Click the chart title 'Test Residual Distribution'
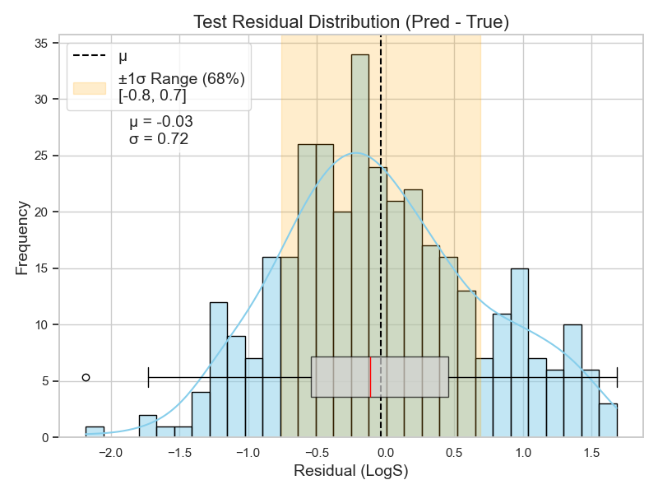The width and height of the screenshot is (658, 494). (x=350, y=22)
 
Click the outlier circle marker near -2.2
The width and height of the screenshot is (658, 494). (x=86, y=377)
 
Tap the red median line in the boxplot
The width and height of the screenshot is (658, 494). (x=370, y=377)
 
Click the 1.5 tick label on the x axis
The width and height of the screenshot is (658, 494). (x=591, y=452)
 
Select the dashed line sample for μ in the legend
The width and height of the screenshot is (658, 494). (x=90, y=57)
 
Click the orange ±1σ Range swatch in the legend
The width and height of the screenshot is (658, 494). (x=90, y=87)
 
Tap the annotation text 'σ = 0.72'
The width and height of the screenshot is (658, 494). (x=159, y=139)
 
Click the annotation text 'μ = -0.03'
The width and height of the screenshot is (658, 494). (x=161, y=122)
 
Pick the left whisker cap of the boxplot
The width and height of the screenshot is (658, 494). (x=148, y=377)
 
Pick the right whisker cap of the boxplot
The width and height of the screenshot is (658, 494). (x=617, y=377)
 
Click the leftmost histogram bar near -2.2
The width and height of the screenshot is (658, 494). (x=95, y=432)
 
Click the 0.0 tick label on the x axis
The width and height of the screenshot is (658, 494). (x=383, y=452)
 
